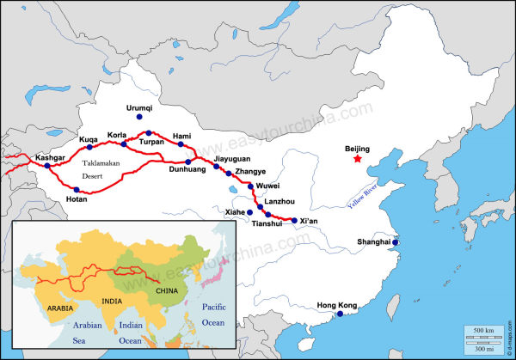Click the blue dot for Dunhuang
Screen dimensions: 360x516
[188, 162]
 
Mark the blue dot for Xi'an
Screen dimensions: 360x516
[294, 221]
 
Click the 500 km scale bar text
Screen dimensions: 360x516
[483, 330]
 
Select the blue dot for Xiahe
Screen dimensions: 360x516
[250, 211]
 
